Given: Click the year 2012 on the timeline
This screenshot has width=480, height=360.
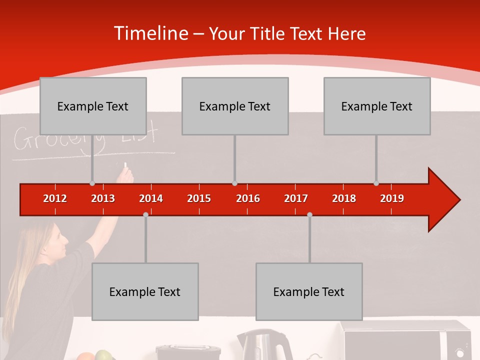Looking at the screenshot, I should pyautogui.click(x=55, y=198).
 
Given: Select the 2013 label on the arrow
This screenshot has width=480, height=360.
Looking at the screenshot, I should pyautogui.click(x=103, y=198).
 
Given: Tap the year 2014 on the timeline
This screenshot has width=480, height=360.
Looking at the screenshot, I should pyautogui.click(x=151, y=198).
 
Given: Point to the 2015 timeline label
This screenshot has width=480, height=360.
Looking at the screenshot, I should pyautogui.click(x=199, y=198).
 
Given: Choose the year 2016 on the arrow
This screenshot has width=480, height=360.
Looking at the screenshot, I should pyautogui.click(x=248, y=198).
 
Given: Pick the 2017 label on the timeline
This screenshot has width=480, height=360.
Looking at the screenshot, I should pyautogui.click(x=296, y=198).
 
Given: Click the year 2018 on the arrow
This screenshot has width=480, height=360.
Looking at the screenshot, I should pyautogui.click(x=344, y=198).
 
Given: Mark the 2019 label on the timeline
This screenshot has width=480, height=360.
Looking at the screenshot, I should pyautogui.click(x=392, y=198).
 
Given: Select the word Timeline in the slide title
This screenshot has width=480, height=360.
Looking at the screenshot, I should pyautogui.click(x=151, y=33).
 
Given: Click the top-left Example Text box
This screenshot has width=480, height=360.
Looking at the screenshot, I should pyautogui.click(x=93, y=106).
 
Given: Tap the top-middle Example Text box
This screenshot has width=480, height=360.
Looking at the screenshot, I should pyautogui.click(x=235, y=106).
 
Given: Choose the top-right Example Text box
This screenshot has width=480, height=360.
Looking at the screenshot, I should pyautogui.click(x=377, y=106).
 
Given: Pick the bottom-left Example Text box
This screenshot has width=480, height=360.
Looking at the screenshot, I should pyautogui.click(x=145, y=291).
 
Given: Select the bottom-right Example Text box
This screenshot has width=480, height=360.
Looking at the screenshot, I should pyautogui.click(x=309, y=291).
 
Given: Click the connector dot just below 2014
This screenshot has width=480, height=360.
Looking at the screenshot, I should pyautogui.click(x=145, y=214).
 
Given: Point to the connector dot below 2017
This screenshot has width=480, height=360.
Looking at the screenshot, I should pyautogui.click(x=309, y=214).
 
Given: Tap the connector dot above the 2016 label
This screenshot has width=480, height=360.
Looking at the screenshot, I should pyautogui.click(x=234, y=183).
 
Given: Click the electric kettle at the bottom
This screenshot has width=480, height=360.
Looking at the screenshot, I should pyautogui.click(x=264, y=345).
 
